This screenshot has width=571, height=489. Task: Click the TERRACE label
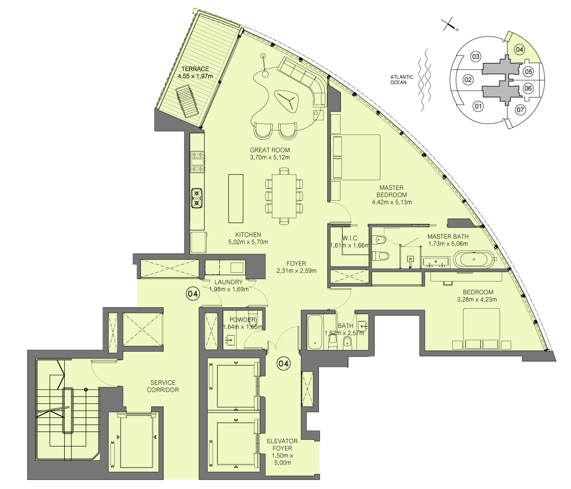(195, 69)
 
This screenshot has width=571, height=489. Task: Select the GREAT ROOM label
(270, 150)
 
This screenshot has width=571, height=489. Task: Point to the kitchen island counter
(235, 198)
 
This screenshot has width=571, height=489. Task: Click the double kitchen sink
(196, 198)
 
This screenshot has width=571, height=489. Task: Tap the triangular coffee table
(286, 100)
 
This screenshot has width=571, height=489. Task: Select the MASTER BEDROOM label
(392, 191)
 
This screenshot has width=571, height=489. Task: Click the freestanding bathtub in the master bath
(474, 259)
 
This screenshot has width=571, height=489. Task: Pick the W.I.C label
(349, 238)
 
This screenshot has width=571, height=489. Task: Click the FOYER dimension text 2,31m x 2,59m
(296, 271)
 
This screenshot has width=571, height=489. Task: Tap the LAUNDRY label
(228, 282)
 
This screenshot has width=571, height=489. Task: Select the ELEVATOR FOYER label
(282, 445)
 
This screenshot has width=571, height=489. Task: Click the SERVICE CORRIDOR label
(163, 386)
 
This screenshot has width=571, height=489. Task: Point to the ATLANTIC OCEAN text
(402, 79)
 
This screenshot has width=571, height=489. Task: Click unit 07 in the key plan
(521, 110)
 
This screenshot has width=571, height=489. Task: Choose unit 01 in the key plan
(478, 107)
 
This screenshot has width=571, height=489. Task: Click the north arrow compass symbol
(450, 25)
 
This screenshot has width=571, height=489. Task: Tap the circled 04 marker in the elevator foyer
(284, 363)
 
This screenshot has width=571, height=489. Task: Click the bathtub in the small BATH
(315, 332)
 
